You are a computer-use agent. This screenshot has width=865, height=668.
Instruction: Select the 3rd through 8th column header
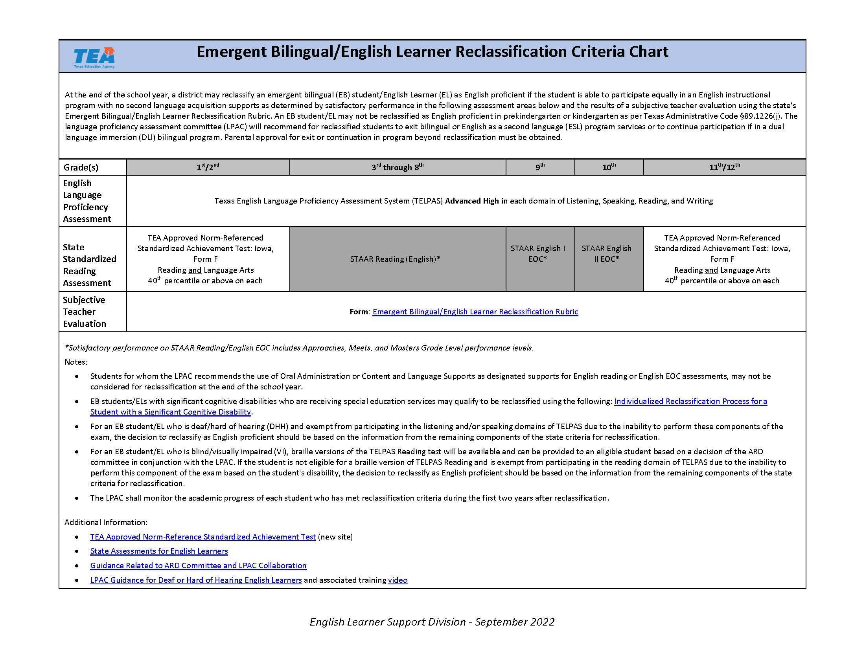(397, 167)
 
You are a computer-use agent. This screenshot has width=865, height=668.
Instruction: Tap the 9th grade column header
(540, 167)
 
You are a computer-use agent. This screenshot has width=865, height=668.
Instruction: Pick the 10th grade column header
(609, 167)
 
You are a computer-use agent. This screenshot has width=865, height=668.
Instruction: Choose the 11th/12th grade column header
(724, 167)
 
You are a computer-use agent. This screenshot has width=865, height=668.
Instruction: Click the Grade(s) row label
(81, 167)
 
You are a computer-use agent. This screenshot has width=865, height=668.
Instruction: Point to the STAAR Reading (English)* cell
(395, 259)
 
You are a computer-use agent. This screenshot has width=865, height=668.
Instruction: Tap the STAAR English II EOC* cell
(606, 254)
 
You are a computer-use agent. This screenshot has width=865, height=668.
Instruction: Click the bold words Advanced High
(472, 201)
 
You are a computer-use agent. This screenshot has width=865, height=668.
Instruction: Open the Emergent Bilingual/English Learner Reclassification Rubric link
(475, 312)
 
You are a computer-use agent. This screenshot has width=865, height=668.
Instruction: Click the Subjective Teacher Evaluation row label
(85, 312)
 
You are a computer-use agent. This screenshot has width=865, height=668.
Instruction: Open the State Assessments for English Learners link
(159, 551)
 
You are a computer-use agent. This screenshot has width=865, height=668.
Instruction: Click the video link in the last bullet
(398, 580)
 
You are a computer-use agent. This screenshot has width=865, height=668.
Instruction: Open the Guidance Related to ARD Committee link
(198, 565)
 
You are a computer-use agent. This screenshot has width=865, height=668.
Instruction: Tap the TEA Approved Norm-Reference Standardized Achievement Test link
(203, 537)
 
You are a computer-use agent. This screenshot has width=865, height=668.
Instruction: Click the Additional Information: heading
(106, 522)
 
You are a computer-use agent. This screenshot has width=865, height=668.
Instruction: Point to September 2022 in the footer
(515, 622)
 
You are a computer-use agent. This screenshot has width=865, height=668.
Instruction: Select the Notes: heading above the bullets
(75, 362)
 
